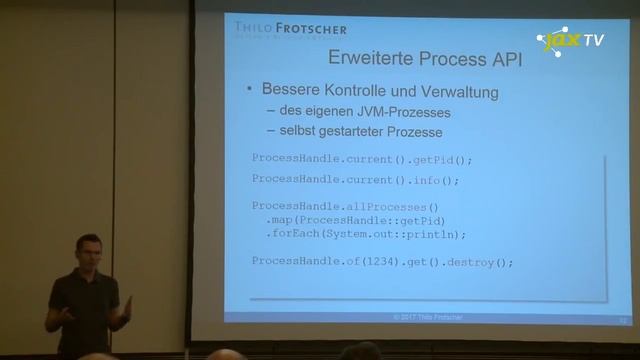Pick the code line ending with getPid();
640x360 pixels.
coord(361,159)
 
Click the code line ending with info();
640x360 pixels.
coord(354,181)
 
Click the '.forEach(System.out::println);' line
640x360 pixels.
coord(366,234)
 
